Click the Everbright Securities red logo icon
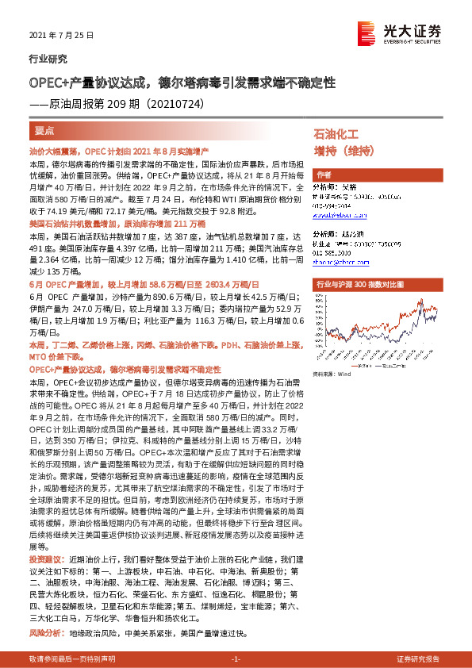[366, 31]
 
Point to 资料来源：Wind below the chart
[332, 373]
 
